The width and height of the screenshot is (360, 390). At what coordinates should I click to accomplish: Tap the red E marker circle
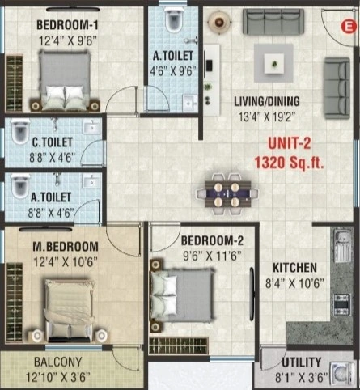349,26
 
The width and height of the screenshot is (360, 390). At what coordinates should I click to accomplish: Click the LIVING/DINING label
266,101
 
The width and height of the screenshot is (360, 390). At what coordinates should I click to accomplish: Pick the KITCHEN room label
294,268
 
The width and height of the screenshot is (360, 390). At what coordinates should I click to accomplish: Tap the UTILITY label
302,361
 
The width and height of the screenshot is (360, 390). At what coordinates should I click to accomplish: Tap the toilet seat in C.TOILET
19,132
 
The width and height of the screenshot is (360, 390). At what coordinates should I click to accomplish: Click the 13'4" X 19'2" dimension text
266,115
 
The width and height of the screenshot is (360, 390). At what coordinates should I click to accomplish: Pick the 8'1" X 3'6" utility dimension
302,375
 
